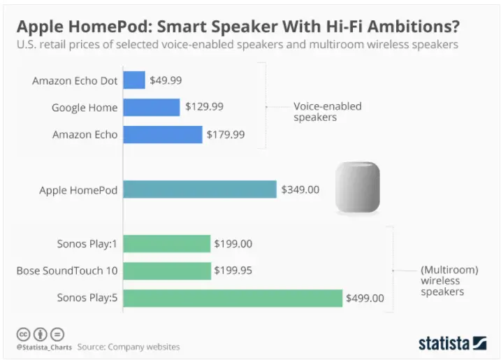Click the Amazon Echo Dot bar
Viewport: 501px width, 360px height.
[134, 80]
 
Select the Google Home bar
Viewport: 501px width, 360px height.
[152, 107]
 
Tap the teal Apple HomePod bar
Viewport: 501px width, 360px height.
[200, 189]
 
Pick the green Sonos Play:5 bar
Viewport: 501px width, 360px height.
[233, 298]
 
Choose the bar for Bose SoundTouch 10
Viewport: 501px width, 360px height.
[167, 271]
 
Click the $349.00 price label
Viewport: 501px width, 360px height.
[300, 189]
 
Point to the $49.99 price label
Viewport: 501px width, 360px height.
[166, 80]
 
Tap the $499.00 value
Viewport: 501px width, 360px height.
[365, 298]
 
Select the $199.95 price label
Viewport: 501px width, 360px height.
[233, 271]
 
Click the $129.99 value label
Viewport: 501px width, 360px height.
[205, 107]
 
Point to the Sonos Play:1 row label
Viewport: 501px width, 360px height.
[87, 244]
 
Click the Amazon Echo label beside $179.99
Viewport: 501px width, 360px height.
[85, 135]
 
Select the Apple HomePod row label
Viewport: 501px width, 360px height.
[78, 190]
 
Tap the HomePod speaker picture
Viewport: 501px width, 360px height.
[358, 187]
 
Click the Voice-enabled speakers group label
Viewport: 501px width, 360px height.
[328, 112]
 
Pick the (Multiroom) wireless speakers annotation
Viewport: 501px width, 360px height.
[449, 281]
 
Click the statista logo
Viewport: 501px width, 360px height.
[452, 343]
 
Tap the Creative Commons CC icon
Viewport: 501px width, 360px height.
[23, 334]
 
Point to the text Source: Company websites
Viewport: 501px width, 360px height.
[129, 347]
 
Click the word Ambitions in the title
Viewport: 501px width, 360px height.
[413, 27]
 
